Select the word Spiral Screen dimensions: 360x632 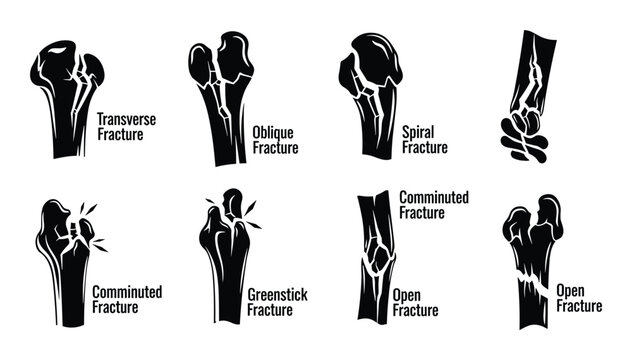click(x=419, y=131)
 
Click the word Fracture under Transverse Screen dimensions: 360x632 click(x=121, y=134)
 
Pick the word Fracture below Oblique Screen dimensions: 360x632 click(x=274, y=148)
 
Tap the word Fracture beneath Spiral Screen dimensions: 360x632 click(x=424, y=147)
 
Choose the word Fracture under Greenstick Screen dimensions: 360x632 click(x=271, y=311)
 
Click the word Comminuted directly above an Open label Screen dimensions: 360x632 click(x=433, y=198)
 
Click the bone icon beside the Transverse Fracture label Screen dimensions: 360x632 click(x=66, y=101)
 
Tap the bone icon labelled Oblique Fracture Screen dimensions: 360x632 click(x=221, y=95)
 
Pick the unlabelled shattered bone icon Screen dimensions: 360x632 click(x=529, y=95)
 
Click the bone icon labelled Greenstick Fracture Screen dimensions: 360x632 click(x=224, y=260)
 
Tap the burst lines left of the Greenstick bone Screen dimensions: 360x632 click(x=212, y=204)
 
